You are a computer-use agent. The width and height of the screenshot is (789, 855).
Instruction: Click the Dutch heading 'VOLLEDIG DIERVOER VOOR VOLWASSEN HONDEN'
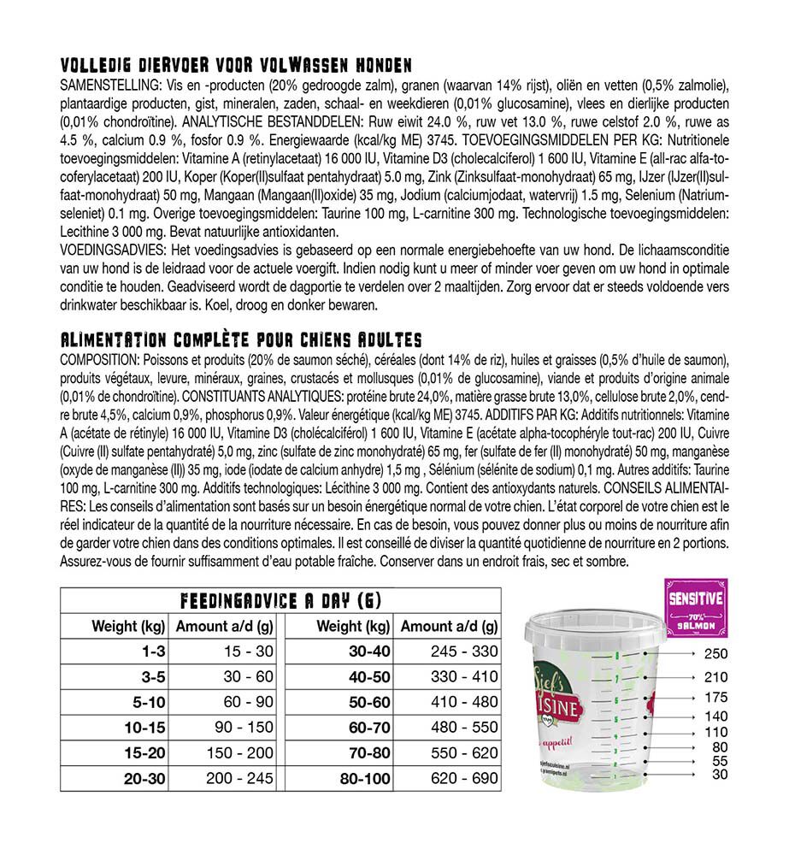pyautogui.click(x=237, y=66)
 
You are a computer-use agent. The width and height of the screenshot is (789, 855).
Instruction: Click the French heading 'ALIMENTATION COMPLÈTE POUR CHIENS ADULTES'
pyautogui.click(x=241, y=340)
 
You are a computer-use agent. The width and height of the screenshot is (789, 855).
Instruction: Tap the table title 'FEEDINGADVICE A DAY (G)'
pyautogui.click(x=280, y=600)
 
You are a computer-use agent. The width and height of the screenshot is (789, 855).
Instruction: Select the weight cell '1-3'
pyautogui.click(x=154, y=652)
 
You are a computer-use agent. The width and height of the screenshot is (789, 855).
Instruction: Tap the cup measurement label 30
pyautogui.click(x=720, y=775)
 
